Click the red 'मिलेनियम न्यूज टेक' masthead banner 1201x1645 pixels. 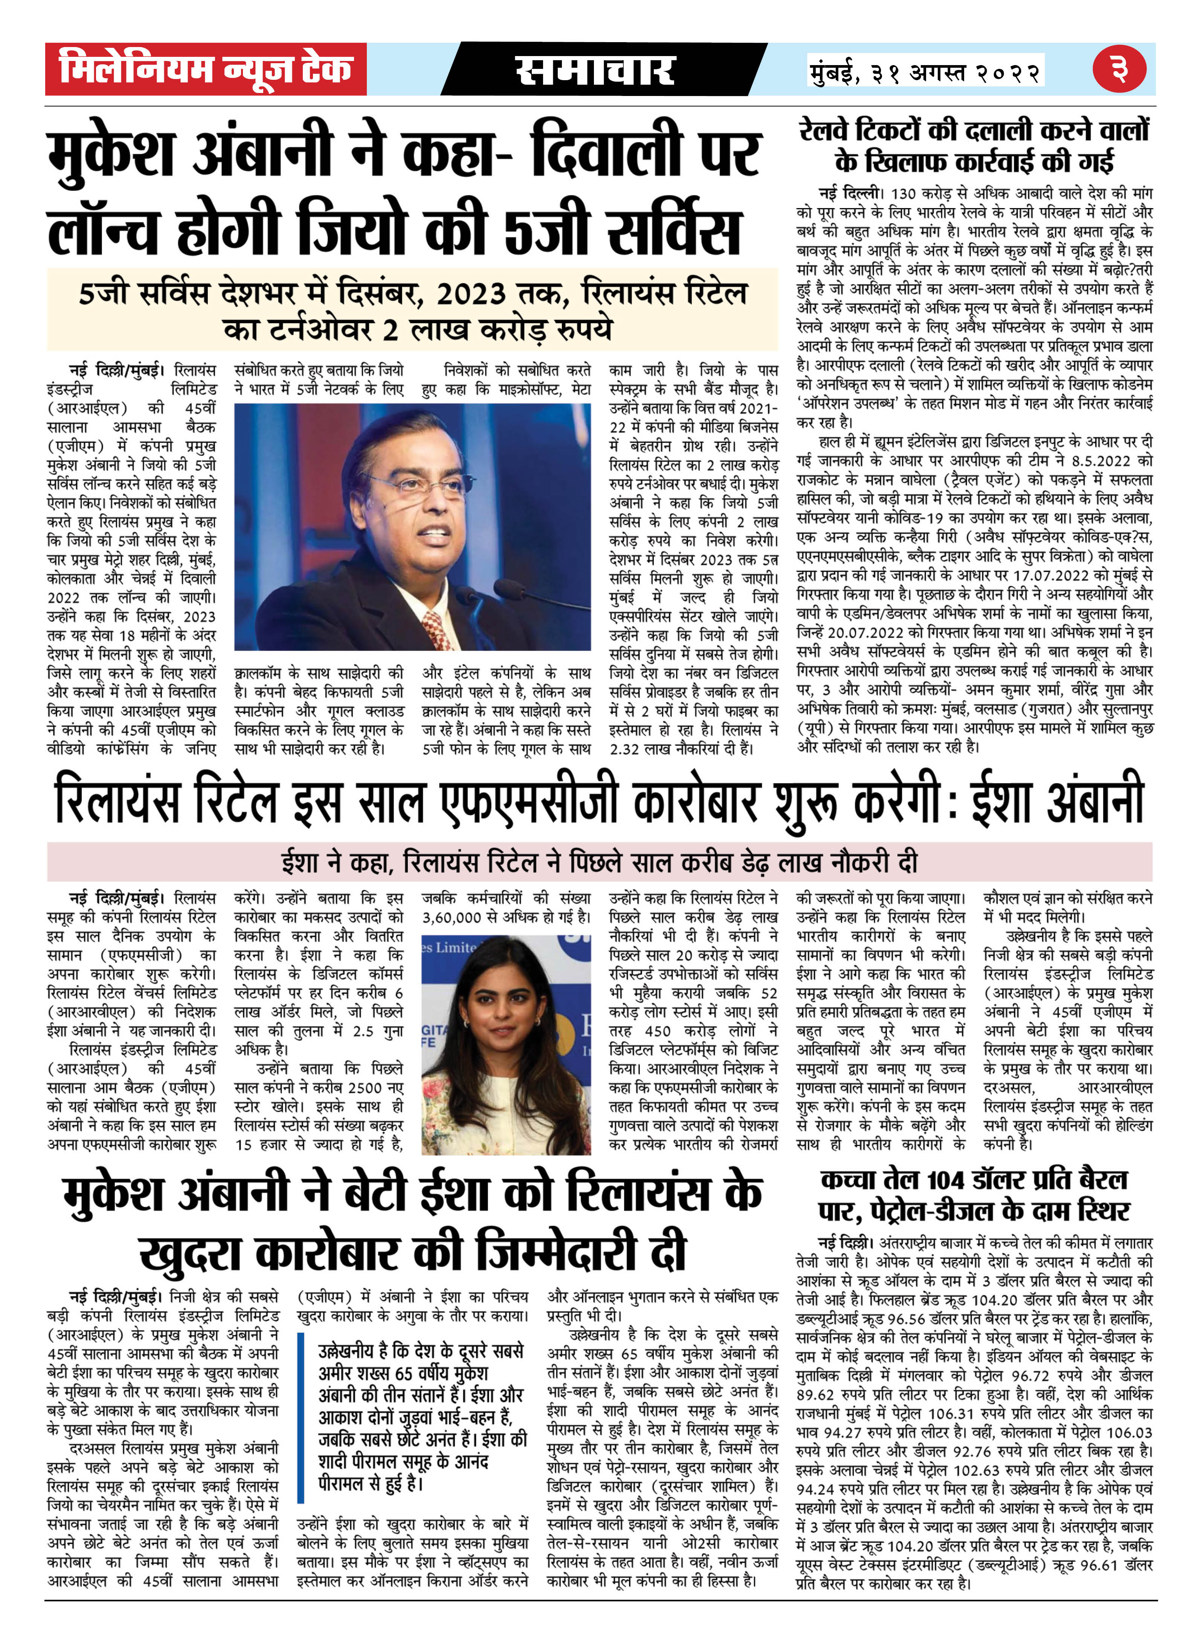click(x=206, y=69)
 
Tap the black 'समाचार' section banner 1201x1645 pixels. click(x=596, y=70)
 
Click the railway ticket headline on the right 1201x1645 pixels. click(x=974, y=145)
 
